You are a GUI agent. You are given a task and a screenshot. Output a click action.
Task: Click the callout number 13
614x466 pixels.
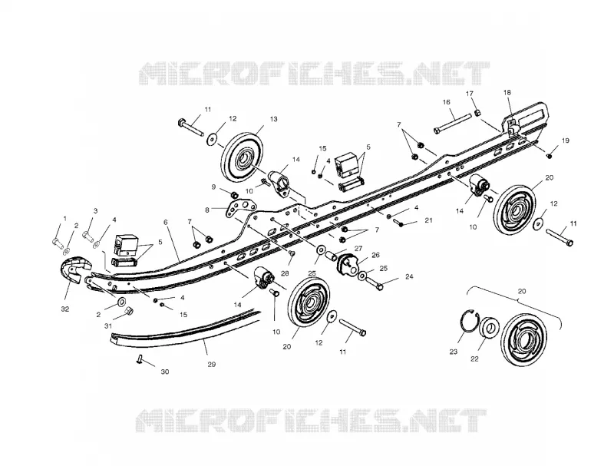point(273,119)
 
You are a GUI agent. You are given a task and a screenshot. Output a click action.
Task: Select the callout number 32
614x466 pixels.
point(65,309)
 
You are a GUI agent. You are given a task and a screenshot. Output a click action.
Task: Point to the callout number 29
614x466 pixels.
point(212,364)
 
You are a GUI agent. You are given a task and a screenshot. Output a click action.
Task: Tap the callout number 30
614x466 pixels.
point(165,372)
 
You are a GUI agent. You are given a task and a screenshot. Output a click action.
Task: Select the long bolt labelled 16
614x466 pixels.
point(452,124)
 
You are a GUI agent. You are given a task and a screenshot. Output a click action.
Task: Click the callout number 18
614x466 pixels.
point(507,93)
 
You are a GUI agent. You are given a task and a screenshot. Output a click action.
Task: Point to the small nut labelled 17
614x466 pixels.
point(477,113)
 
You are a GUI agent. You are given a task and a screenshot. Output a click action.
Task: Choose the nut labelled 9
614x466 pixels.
point(234,195)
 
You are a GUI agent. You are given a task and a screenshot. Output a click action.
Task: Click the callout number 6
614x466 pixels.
point(166,222)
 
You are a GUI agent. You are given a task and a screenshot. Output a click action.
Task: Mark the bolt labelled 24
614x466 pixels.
point(375,283)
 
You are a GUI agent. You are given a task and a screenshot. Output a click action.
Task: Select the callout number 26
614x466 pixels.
point(375,255)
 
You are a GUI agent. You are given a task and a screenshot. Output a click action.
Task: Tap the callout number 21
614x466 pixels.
point(428,220)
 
